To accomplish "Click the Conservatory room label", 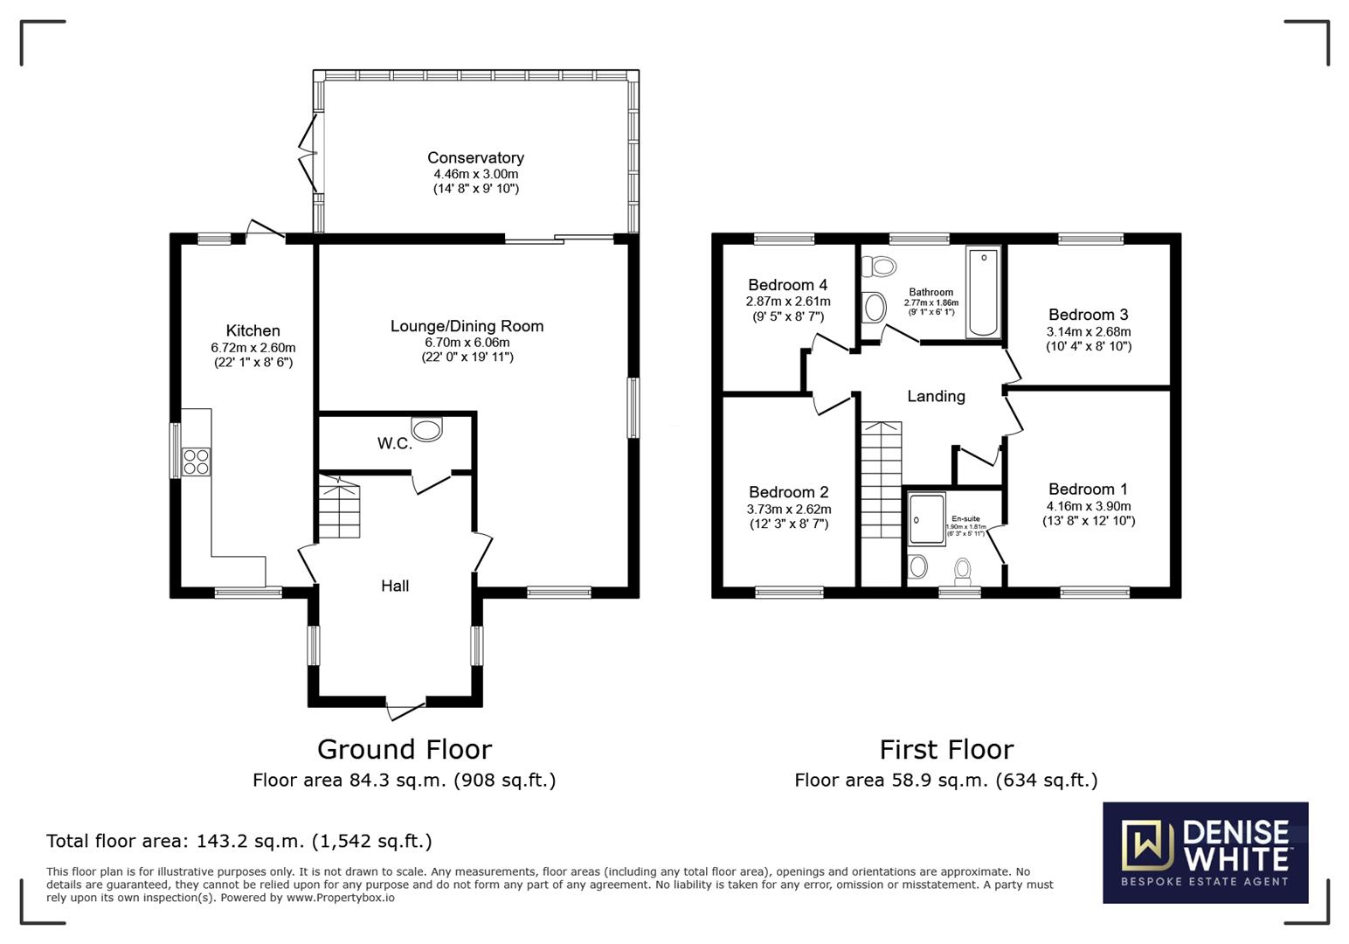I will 475,157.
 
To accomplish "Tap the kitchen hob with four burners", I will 196,461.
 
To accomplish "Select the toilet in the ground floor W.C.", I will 427,429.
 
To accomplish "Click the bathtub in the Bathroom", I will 983,292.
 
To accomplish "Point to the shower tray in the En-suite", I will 926,519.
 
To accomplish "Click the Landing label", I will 936,396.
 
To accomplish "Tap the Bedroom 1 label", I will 1088,489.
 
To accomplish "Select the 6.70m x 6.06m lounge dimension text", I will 467,342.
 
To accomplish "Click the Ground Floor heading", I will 404,749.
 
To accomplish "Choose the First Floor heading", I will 946,749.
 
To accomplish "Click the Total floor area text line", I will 239,841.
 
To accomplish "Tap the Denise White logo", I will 1205,852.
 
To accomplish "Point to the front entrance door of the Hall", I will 405,708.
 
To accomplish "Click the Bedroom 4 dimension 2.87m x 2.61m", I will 787,301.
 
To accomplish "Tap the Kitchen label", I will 253,330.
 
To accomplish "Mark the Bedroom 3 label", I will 1088,314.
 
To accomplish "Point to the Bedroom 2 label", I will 788,492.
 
